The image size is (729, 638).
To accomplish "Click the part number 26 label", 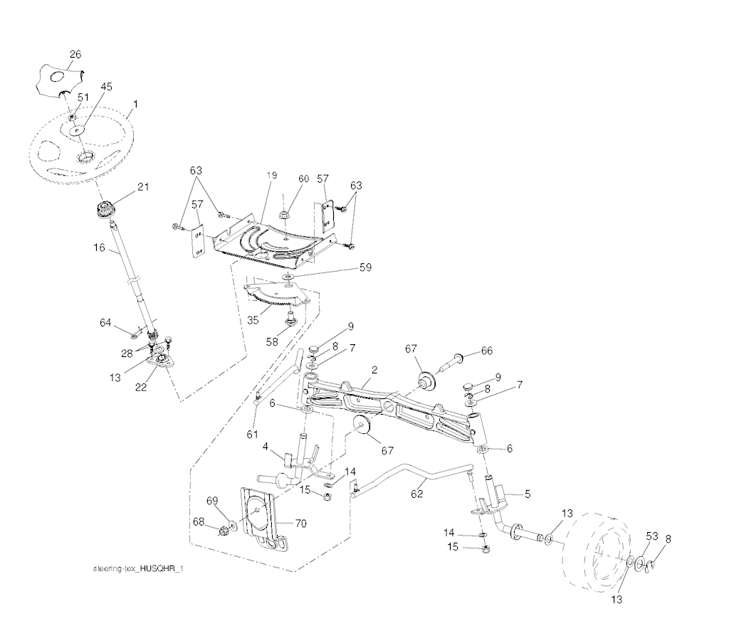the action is (75, 54).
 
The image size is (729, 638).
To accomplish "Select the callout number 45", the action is (106, 87).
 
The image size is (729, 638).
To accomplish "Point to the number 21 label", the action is (142, 186).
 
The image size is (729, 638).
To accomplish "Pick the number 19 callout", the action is (272, 175).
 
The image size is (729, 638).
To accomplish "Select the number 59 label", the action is (365, 268).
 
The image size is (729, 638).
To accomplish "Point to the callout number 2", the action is (374, 370).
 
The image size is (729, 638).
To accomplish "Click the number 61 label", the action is (252, 434).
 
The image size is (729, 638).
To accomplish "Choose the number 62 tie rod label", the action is (416, 494).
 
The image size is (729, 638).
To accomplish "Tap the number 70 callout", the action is (301, 523).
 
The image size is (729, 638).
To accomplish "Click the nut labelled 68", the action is (224, 529).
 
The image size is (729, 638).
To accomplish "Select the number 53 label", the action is (652, 536).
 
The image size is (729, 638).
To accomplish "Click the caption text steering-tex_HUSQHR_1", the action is (138, 568).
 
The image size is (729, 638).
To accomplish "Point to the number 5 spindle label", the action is (528, 494).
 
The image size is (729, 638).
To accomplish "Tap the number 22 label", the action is (141, 387).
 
